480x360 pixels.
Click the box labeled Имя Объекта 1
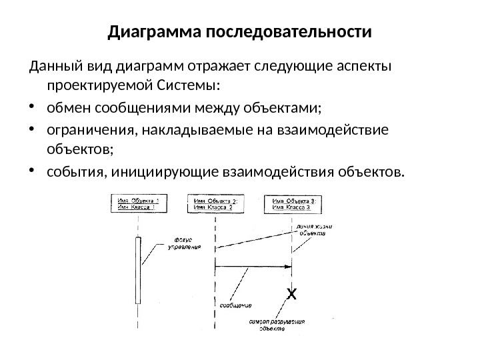pyautogui.click(x=139, y=203)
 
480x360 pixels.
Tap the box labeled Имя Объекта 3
pyautogui.click(x=293, y=203)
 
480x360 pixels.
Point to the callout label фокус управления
pyautogui.click(x=186, y=243)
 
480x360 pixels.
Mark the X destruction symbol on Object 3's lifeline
pyautogui.click(x=291, y=293)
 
